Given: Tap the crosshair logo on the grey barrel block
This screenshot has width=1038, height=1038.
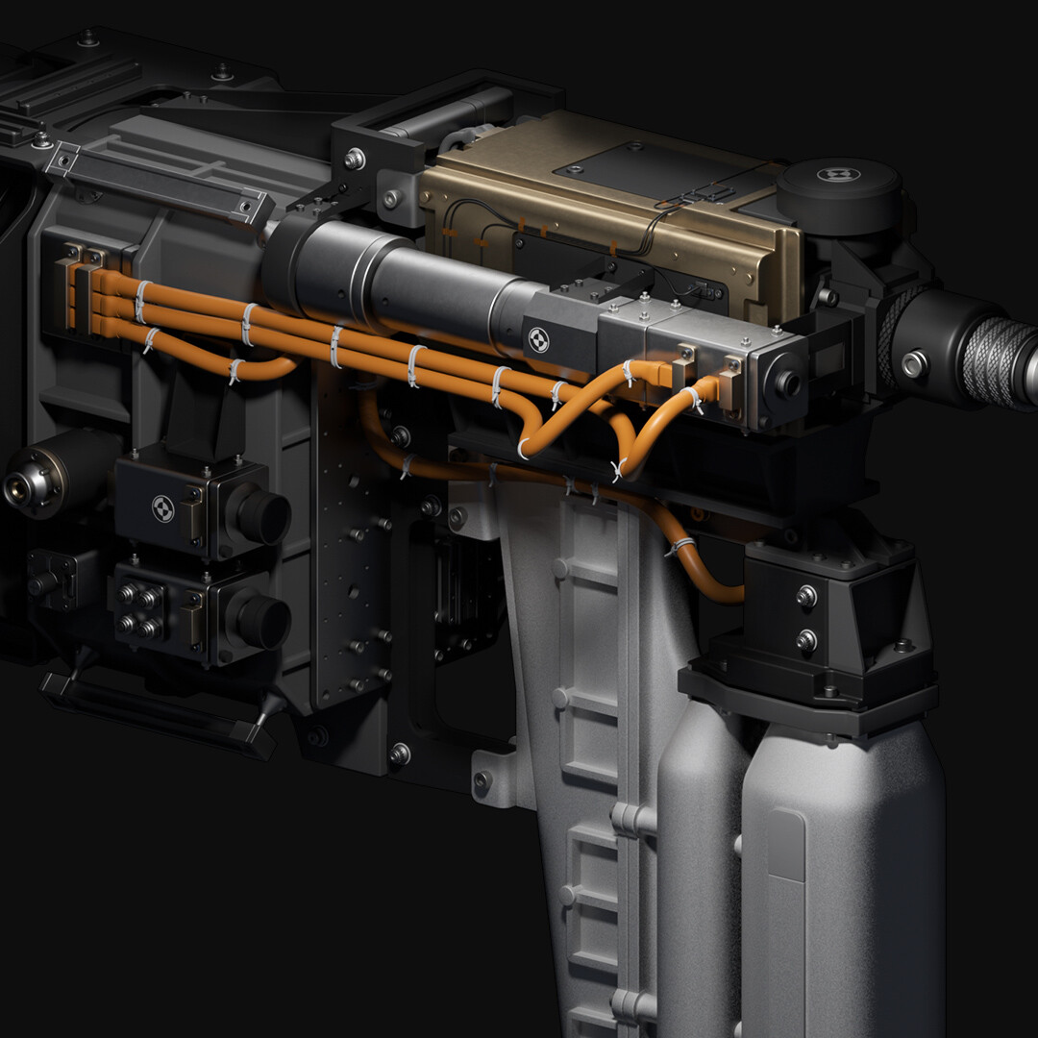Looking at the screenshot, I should [538, 338].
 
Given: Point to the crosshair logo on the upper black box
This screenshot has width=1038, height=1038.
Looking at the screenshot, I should [162, 507].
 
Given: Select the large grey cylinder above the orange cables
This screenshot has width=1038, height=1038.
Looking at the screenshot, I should [404, 275].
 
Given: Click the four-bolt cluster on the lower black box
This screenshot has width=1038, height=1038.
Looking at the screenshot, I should [138, 610].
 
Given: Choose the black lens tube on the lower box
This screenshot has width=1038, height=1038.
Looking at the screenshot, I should [261, 620].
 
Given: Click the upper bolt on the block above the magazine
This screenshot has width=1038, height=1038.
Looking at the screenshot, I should [805, 597].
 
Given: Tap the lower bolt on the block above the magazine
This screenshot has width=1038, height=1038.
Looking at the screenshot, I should [805, 638].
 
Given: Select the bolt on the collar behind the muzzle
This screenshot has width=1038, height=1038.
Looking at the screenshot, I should [912, 364].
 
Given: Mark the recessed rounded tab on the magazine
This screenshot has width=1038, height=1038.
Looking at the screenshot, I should [788, 846].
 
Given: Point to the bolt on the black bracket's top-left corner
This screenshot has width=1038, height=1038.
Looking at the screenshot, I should [356, 157].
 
